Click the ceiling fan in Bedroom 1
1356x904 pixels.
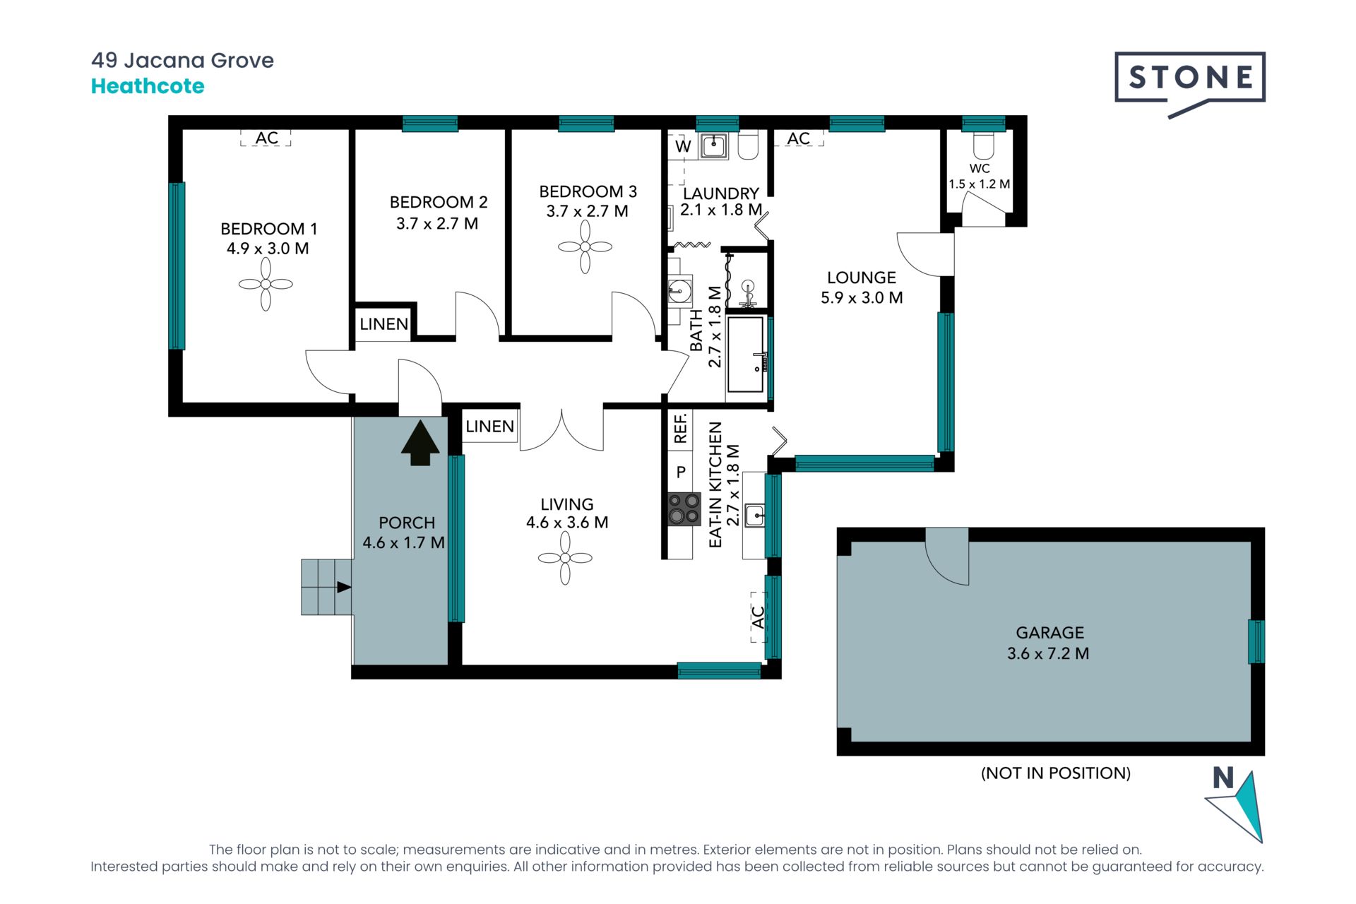point(266,284)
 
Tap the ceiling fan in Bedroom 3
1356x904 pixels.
point(585,246)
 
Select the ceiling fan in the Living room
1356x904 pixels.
point(565,558)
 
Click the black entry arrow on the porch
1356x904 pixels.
point(420,443)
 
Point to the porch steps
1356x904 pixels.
point(327,587)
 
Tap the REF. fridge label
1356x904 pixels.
point(680,429)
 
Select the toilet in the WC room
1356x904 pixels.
point(983,144)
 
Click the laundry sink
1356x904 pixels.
point(714,146)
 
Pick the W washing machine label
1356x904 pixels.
point(683,147)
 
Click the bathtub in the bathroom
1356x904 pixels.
point(746,355)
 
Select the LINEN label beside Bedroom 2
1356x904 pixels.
point(383,324)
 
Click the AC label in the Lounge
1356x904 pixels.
point(799,138)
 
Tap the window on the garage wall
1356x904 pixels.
point(1256,641)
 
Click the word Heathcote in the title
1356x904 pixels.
point(148,86)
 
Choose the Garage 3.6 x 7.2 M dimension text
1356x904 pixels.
point(1048,653)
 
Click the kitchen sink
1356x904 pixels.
point(755,516)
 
